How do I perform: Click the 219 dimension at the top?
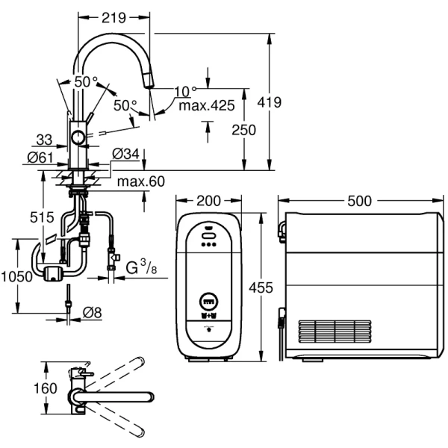[114, 16]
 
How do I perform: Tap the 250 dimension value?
[243, 129]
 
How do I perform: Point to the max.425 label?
[207, 106]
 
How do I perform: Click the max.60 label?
[140, 181]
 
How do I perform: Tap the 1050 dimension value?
[16, 276]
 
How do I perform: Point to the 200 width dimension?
[211, 200]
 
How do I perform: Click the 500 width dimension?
[362, 200]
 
